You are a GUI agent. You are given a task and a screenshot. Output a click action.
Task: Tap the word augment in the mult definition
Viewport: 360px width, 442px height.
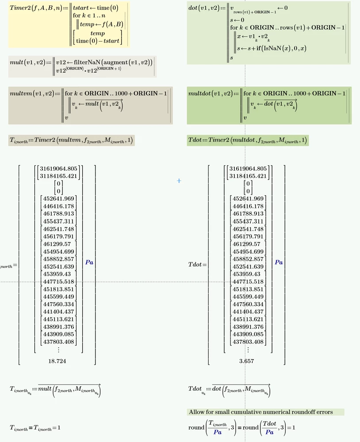[x=115, y=61]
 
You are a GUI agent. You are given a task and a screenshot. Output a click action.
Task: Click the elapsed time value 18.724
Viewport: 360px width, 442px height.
[x=57, y=361]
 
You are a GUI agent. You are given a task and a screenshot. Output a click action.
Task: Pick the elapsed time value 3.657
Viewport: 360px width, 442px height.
[x=246, y=361]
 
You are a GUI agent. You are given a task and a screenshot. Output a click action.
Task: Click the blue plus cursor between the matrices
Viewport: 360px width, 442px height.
[x=179, y=181]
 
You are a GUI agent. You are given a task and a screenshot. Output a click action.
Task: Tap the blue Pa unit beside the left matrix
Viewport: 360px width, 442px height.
[x=89, y=262]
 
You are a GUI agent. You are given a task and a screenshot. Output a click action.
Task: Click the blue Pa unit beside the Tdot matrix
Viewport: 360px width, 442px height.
[x=279, y=262]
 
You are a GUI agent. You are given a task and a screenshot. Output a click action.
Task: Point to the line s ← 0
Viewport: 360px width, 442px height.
[x=235, y=20]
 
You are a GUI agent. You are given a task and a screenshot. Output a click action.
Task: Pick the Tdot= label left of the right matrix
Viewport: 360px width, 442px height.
[x=197, y=265]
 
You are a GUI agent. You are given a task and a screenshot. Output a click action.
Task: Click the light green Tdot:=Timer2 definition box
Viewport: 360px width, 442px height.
[x=248, y=141]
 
